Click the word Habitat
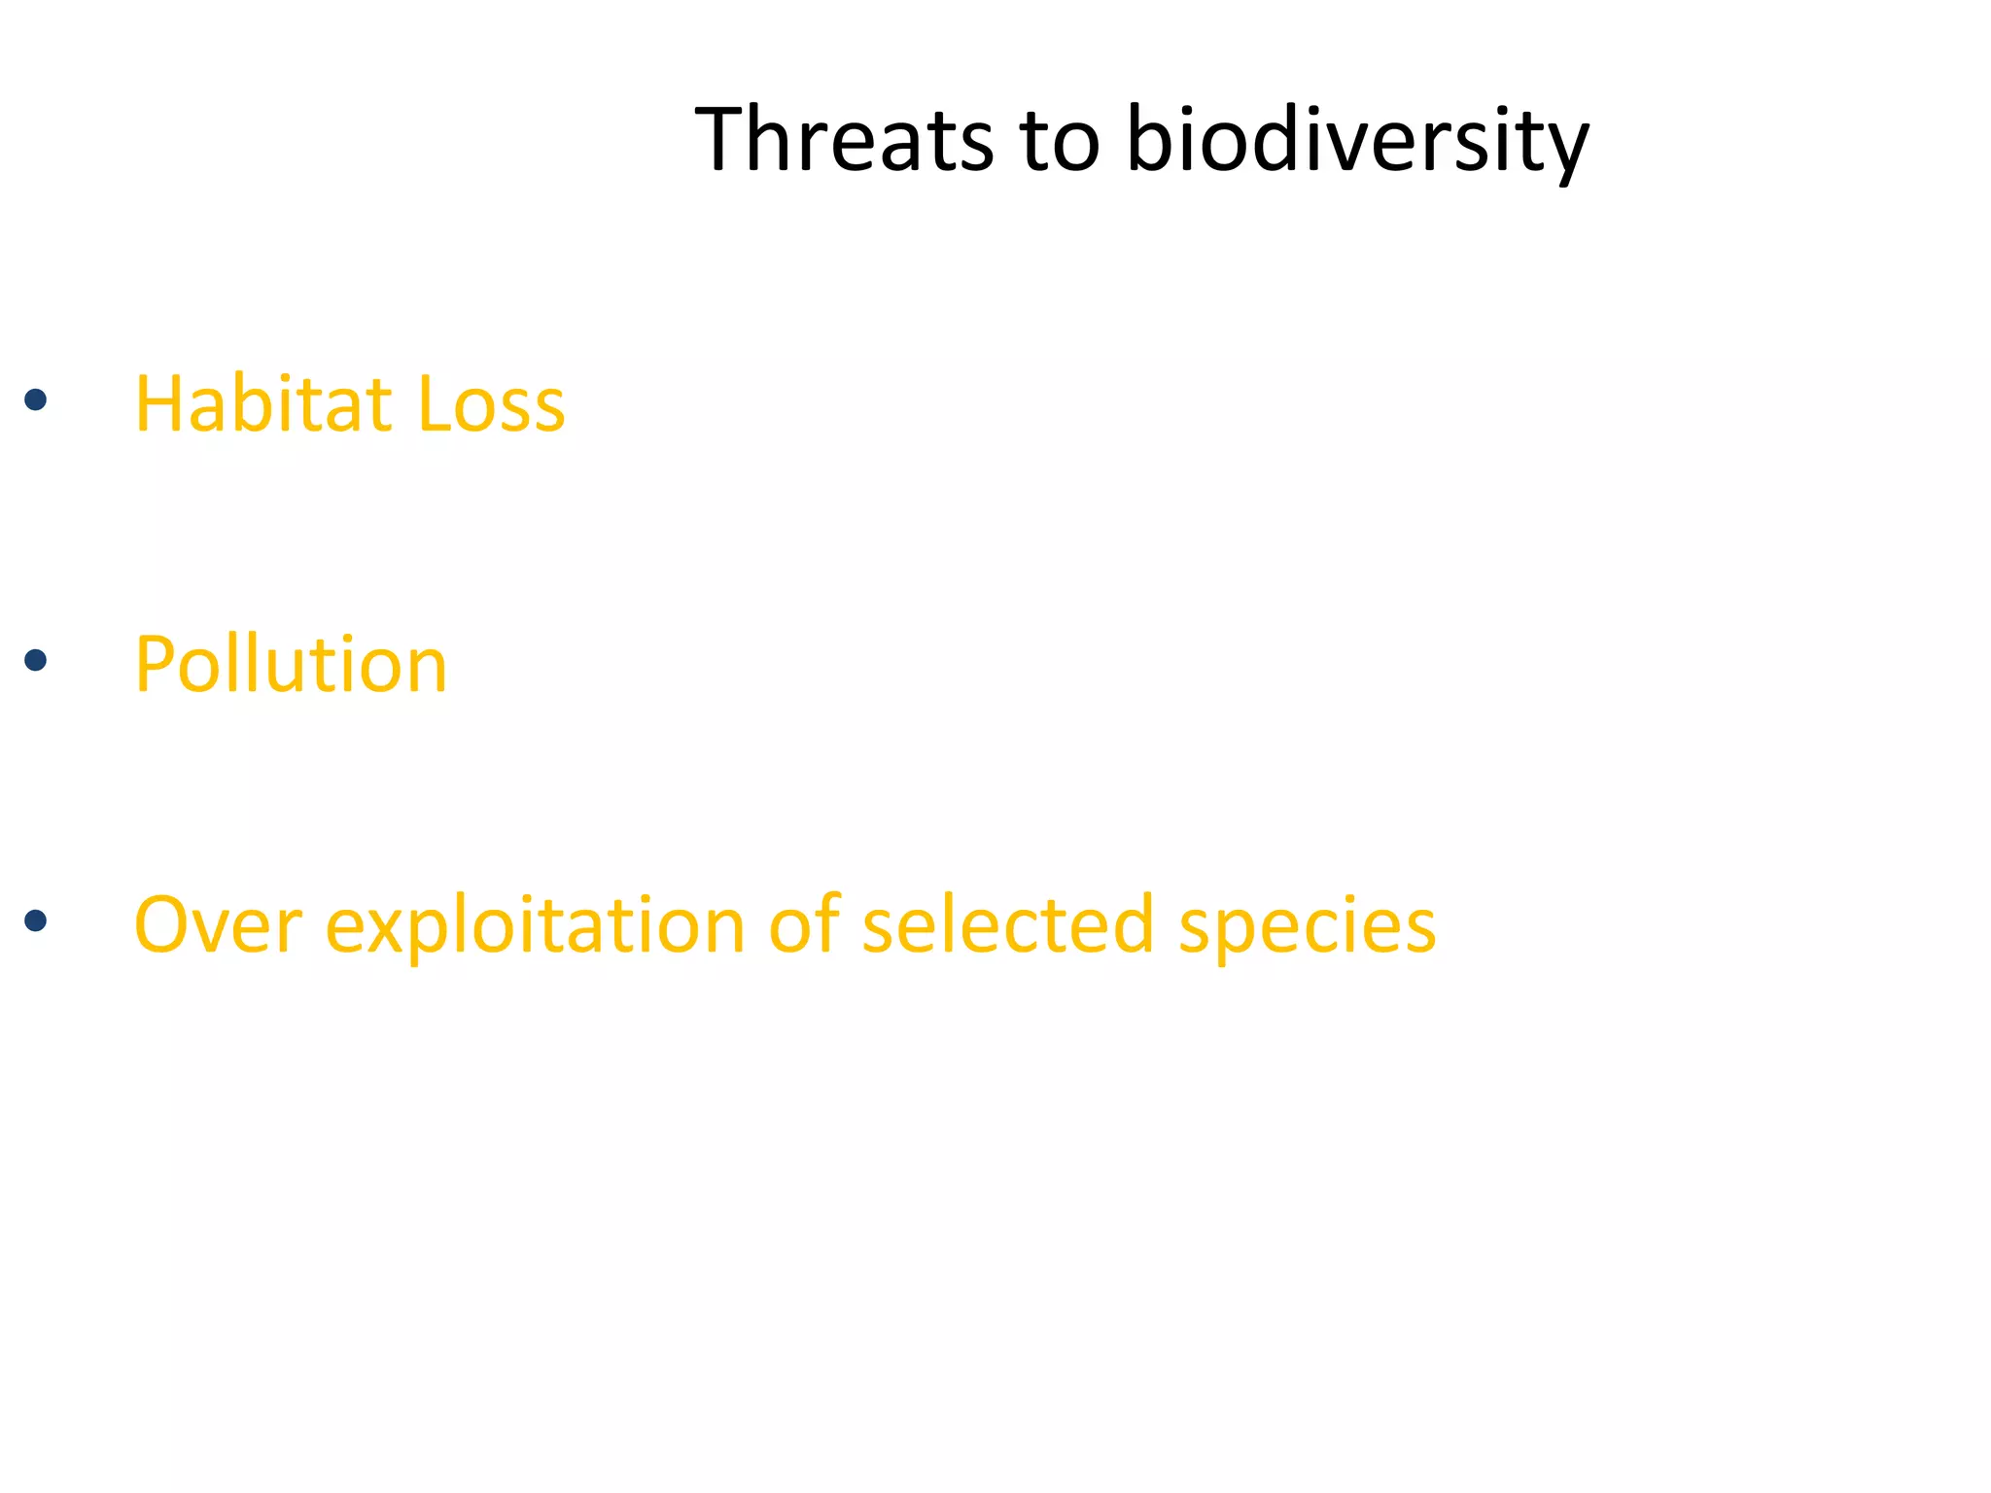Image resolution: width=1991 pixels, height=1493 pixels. [x=262, y=403]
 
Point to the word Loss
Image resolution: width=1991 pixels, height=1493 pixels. [x=490, y=403]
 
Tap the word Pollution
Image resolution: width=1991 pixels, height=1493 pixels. [x=290, y=665]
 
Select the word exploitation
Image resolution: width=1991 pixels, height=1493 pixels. [x=535, y=925]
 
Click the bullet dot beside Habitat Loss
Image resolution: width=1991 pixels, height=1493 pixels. [x=36, y=399]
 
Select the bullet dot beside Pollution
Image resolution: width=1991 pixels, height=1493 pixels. [x=36, y=661]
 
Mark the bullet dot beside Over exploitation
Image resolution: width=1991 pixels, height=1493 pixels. [x=36, y=920]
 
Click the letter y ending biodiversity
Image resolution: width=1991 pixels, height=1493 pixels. [x=1563, y=151]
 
